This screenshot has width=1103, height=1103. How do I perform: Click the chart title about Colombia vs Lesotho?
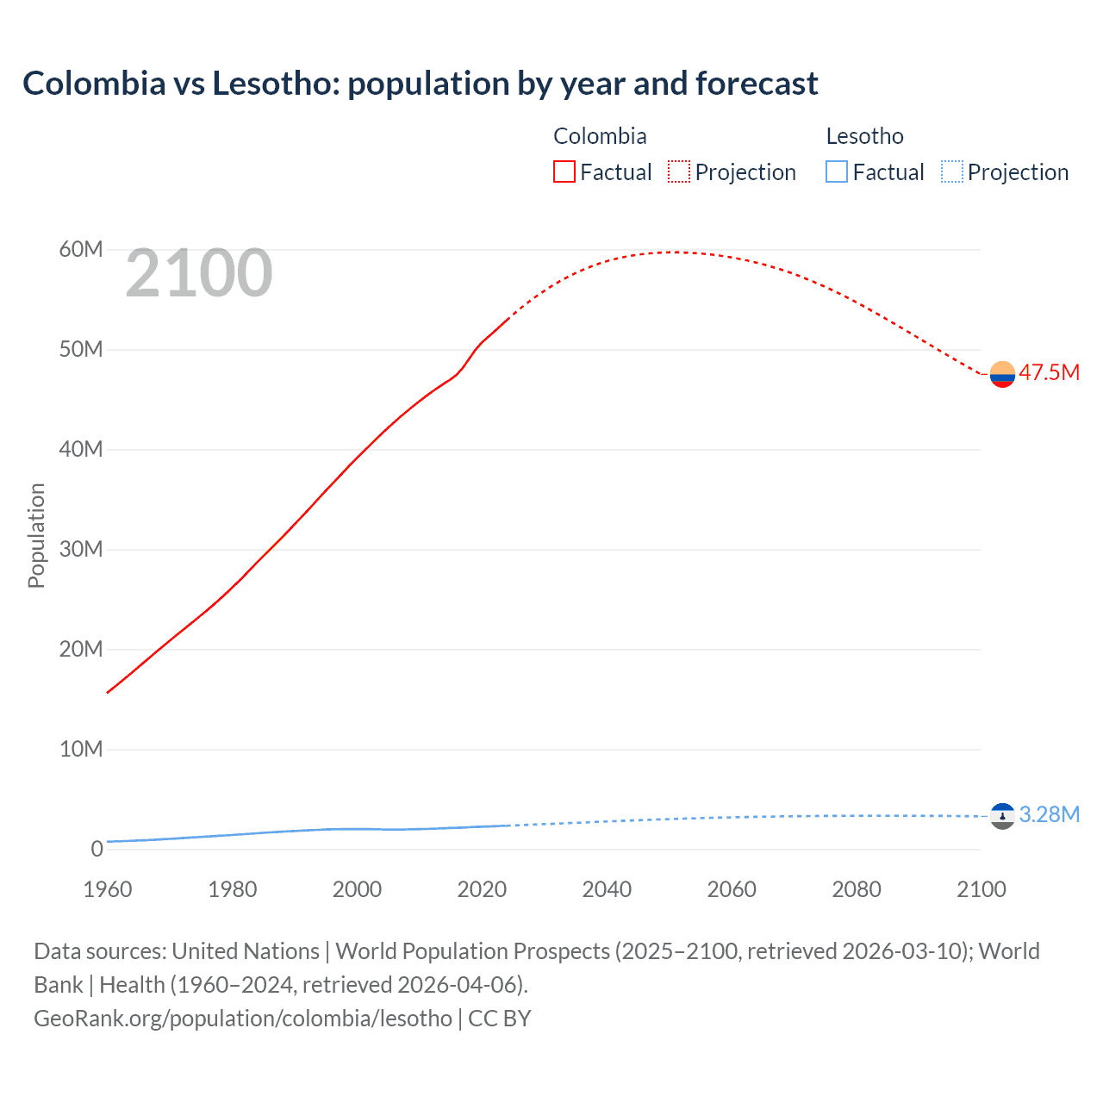click(420, 84)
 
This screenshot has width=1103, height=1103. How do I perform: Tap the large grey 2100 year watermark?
click(199, 273)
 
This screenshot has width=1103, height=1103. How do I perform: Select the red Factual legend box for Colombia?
click(564, 172)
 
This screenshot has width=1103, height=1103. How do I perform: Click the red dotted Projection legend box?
click(679, 172)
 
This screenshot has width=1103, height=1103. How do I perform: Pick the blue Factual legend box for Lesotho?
click(837, 172)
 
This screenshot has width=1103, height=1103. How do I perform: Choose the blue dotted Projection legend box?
click(951, 172)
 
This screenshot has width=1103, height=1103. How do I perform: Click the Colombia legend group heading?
click(600, 136)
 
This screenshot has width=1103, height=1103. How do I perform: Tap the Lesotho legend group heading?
click(864, 136)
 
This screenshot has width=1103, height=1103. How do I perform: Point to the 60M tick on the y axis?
click(81, 250)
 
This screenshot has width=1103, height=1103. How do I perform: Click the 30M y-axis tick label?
click(81, 550)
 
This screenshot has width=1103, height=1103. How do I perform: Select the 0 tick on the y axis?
click(97, 849)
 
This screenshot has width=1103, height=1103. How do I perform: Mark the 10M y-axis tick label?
click(81, 749)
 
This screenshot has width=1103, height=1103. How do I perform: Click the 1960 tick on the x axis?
click(108, 889)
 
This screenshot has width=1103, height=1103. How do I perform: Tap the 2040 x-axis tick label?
click(607, 889)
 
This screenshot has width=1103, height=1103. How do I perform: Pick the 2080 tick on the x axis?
click(857, 889)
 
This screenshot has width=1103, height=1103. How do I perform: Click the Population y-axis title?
click(36, 535)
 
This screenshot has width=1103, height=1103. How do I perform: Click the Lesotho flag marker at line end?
click(1002, 816)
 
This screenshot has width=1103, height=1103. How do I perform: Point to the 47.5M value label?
click(1049, 373)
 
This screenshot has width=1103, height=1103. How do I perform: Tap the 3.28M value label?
click(1049, 815)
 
